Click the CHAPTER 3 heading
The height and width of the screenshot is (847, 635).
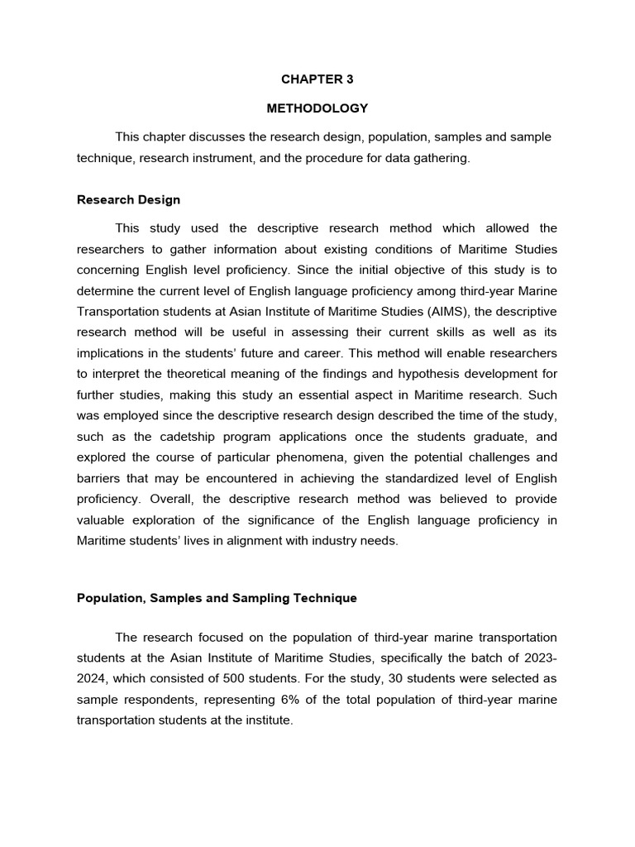317,79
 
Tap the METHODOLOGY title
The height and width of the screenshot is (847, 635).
317,108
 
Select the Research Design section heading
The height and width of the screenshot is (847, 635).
128,199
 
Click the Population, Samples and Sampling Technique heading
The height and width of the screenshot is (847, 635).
217,598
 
